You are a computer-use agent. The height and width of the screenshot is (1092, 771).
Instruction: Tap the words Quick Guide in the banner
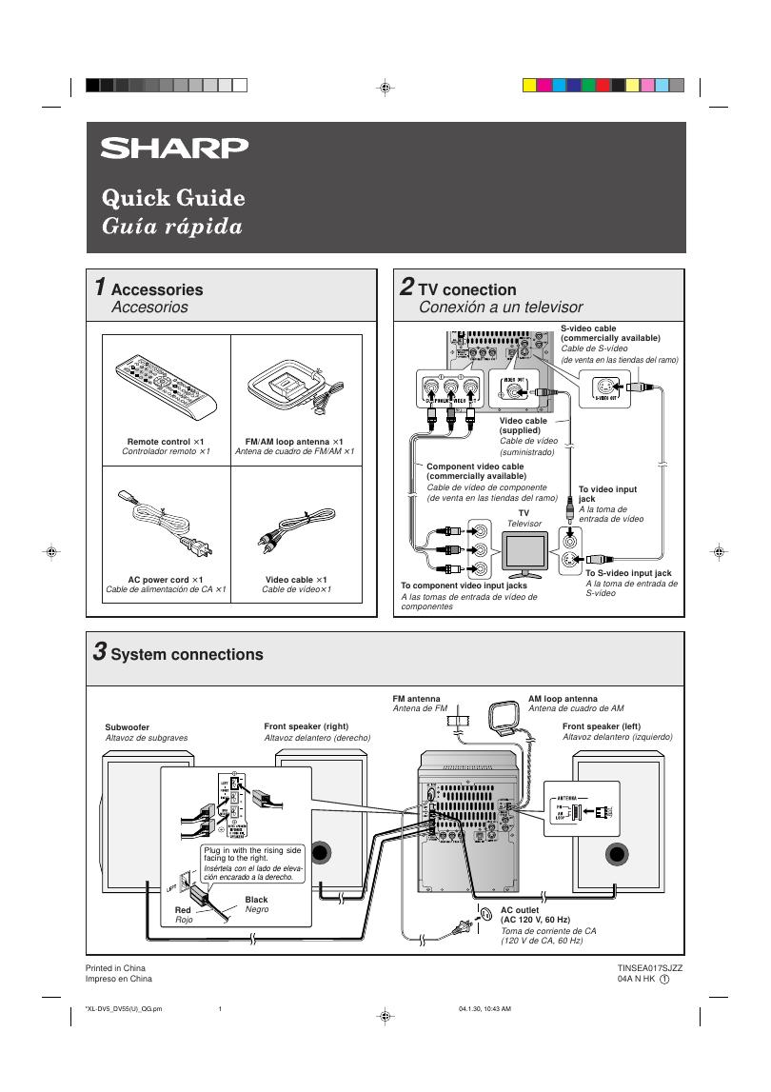[173, 198]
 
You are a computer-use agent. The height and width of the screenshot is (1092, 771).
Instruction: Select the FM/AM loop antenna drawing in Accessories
[288, 387]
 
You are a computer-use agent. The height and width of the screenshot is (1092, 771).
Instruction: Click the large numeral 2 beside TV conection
[406, 288]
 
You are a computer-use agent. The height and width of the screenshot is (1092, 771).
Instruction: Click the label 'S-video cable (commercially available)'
[610, 333]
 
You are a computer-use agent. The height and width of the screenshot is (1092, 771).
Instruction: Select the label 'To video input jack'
[607, 493]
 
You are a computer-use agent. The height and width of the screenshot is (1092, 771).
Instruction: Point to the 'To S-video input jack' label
[628, 573]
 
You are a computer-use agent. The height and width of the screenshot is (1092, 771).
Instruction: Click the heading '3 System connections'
[178, 654]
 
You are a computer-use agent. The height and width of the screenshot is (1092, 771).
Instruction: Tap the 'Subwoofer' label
[128, 727]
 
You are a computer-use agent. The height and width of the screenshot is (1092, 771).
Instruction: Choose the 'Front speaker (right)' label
[306, 726]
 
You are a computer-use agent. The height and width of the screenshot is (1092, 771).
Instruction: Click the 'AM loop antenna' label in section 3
[563, 699]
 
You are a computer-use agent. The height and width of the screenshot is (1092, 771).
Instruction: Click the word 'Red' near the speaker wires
[183, 910]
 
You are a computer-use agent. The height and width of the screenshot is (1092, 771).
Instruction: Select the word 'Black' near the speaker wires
[256, 899]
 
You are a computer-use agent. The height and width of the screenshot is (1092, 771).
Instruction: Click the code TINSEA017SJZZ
[649, 967]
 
